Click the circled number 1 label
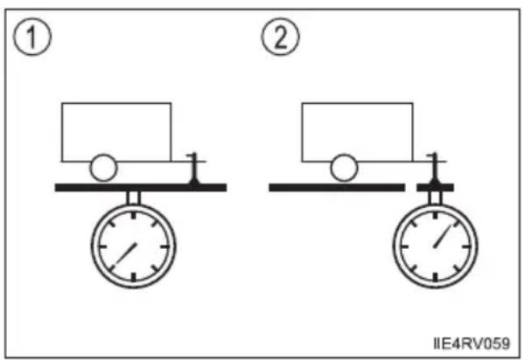32,37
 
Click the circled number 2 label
280,37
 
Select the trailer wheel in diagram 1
104,168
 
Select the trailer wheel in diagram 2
344,168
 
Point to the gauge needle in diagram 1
126,254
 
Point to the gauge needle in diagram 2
442,237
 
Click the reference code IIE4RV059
471,343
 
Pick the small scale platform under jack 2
436,188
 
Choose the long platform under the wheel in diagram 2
338,188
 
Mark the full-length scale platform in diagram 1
141,188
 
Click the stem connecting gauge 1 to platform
134,198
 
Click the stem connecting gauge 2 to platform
435,198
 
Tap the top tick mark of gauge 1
134,215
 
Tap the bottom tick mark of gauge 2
435,277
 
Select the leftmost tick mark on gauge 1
102,246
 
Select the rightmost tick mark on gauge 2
466,246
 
